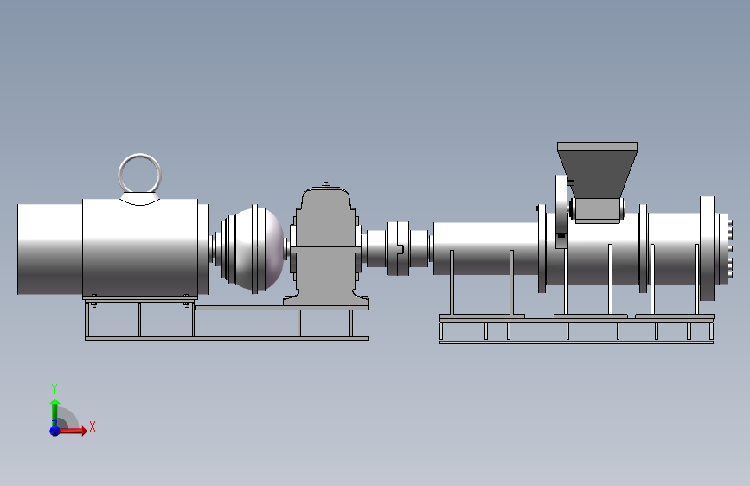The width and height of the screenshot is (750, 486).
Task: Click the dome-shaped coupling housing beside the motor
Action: click(x=254, y=249)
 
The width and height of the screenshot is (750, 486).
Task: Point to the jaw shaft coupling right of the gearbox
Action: click(x=398, y=249)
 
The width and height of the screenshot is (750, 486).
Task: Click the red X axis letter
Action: click(x=93, y=426)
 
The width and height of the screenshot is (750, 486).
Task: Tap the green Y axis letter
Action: click(x=54, y=388)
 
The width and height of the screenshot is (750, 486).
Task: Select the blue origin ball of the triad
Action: click(x=55, y=431)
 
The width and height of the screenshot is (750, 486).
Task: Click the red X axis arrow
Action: click(x=72, y=431)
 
